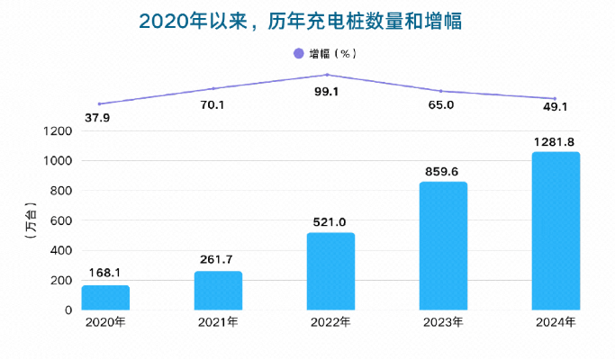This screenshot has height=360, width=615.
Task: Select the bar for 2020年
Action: coord(105,298)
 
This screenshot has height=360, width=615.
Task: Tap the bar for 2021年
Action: coord(218,291)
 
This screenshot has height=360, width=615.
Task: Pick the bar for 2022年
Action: coord(330,271)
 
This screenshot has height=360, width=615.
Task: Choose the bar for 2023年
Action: coord(444,246)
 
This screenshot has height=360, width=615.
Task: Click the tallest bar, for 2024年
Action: coord(556,230)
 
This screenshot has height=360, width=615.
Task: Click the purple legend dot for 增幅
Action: coord(299,54)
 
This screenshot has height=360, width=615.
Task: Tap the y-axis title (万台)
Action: coord(32,220)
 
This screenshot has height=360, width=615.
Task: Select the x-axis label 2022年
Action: coord(330,322)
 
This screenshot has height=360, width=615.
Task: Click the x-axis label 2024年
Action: coord(556,322)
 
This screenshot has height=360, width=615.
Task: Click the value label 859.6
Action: coord(443,171)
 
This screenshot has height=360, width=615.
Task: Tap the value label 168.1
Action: coord(105,274)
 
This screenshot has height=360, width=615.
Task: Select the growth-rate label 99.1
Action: coord(329,92)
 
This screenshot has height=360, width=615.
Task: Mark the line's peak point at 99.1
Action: coord(328,75)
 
